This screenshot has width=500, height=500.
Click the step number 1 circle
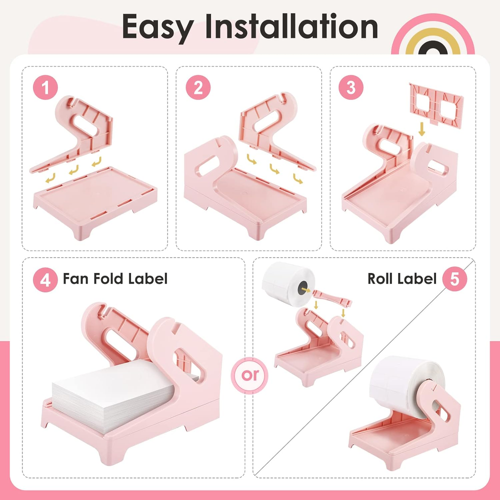tap(45, 87)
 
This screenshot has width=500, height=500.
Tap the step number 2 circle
tap(198, 87)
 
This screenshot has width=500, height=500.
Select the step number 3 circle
tap(351, 87)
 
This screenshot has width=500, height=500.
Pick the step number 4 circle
tap(45, 279)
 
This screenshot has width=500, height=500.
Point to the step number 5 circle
tap(454, 278)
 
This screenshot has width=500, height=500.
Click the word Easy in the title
tap(158, 27)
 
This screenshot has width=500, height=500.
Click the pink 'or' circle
tap(249, 375)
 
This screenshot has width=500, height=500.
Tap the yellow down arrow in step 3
tap(421, 129)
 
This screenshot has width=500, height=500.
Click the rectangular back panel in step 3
tap(436, 105)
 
